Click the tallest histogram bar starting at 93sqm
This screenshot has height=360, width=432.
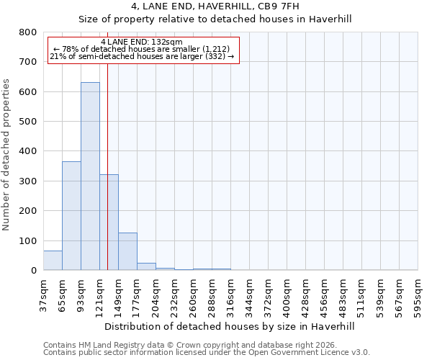(x=90, y=176)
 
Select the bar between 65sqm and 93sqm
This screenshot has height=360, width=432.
(x=71, y=216)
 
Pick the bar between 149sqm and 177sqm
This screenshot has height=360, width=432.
(x=127, y=251)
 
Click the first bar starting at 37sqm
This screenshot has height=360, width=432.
(x=53, y=261)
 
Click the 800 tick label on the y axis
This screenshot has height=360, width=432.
(x=27, y=32)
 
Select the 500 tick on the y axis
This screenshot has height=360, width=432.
(x=27, y=122)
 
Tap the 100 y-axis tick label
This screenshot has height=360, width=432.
(x=27, y=240)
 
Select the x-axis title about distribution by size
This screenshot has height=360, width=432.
(x=230, y=326)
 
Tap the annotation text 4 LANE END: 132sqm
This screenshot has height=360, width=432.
(x=142, y=42)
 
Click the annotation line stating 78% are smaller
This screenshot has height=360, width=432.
(x=141, y=49)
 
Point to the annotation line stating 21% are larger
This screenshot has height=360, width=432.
(x=142, y=56)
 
